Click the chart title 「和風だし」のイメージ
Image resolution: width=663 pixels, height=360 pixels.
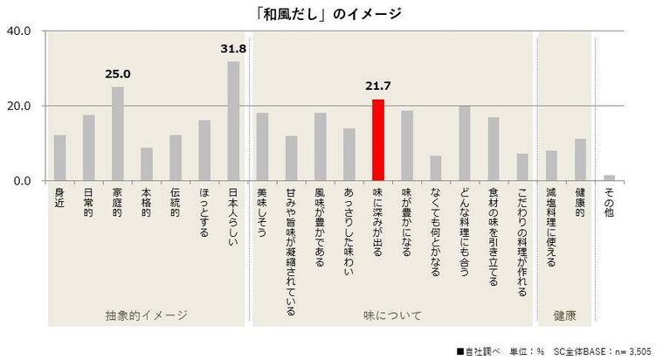331,12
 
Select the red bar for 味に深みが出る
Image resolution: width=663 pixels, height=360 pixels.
378,140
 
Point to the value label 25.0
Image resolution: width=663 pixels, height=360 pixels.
118,74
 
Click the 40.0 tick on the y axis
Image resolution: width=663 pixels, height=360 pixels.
19,31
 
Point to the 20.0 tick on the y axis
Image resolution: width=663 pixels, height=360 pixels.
19,107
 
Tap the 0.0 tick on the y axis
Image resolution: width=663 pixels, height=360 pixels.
22,181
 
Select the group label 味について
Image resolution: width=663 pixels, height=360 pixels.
392,313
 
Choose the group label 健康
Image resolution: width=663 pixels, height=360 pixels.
564,313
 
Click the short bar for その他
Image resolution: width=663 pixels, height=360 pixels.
609,178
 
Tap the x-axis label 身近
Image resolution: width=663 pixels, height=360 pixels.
60,198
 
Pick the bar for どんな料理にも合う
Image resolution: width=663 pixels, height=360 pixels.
465,143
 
